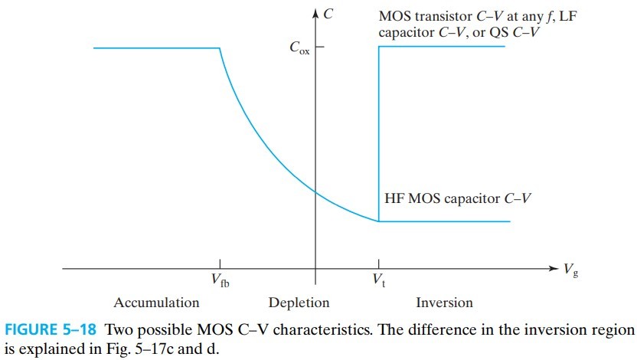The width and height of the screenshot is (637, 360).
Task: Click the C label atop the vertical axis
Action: tap(328, 12)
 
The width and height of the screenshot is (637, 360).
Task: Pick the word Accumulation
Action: tap(155, 303)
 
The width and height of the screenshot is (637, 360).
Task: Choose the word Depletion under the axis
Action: tap(299, 303)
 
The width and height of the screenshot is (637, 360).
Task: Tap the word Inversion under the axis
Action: tap(444, 303)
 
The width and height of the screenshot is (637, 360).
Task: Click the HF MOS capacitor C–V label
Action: tap(457, 198)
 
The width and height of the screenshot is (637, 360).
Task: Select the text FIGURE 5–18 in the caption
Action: tap(51, 330)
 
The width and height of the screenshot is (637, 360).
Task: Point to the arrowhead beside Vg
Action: tap(554, 268)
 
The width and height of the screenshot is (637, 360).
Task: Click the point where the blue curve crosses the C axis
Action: tap(315, 191)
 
